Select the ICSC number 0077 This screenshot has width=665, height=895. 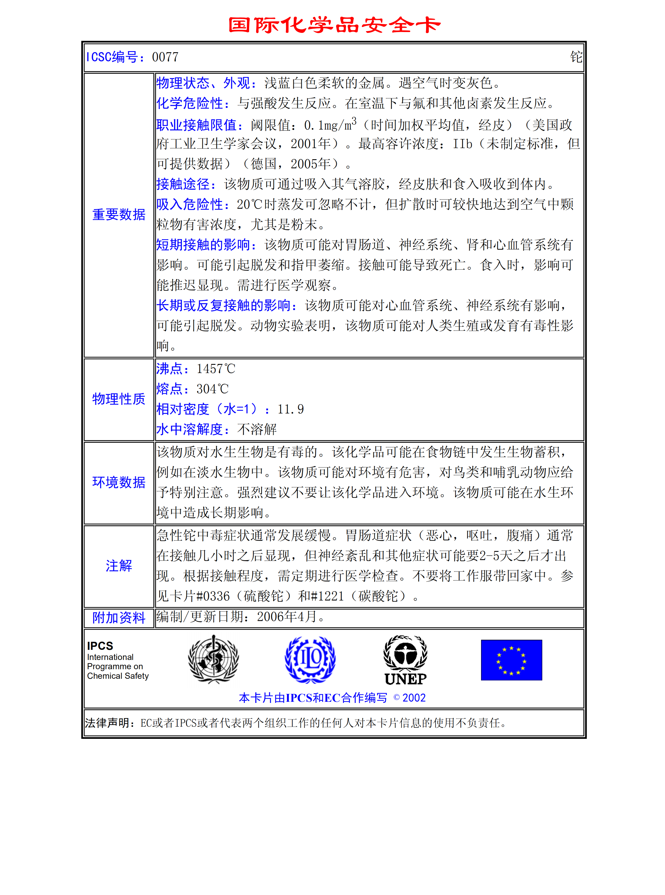pyautogui.click(x=165, y=57)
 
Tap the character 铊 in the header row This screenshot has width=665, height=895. pyautogui.click(x=576, y=57)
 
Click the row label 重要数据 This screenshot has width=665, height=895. pyautogui.click(x=119, y=215)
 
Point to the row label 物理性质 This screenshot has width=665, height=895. pyautogui.click(x=119, y=399)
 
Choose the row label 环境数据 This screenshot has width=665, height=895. pyautogui.click(x=119, y=482)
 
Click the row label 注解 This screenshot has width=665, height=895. pyautogui.click(x=119, y=566)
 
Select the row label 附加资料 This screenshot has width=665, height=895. pyautogui.click(x=119, y=617)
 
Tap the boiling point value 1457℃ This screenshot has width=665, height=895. pyautogui.click(x=216, y=369)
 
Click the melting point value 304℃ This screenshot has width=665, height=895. pyautogui.click(x=212, y=389)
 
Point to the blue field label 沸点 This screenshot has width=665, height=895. pyautogui.click(x=169, y=369)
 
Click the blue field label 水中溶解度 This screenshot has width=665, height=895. pyautogui.click(x=190, y=429)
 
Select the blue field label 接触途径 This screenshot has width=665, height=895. pyautogui.click(x=183, y=184)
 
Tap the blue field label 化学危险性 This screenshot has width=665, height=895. pyautogui.click(x=190, y=103)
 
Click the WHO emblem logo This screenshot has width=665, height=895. pyautogui.click(x=213, y=659)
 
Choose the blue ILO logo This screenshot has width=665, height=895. pyautogui.click(x=310, y=659)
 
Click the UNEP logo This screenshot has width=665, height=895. pyautogui.click(x=405, y=660)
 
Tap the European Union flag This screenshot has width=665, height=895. pyautogui.click(x=511, y=660)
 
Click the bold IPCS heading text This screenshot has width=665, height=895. pyautogui.click(x=100, y=646)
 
